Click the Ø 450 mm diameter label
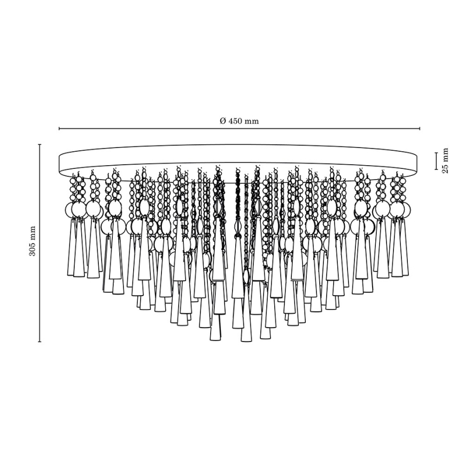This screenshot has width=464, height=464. click(239, 121)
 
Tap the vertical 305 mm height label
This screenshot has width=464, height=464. click(32, 241)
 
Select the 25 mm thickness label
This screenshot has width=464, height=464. click(445, 161)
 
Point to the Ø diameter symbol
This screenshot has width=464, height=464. click(223, 121)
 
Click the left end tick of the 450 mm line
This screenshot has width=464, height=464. click(59, 129)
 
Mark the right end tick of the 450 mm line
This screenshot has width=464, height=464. click(420, 129)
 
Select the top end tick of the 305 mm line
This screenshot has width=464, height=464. click(40, 144)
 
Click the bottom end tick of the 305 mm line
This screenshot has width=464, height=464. click(40, 342)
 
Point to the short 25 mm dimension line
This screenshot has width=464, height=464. click(436, 161)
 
